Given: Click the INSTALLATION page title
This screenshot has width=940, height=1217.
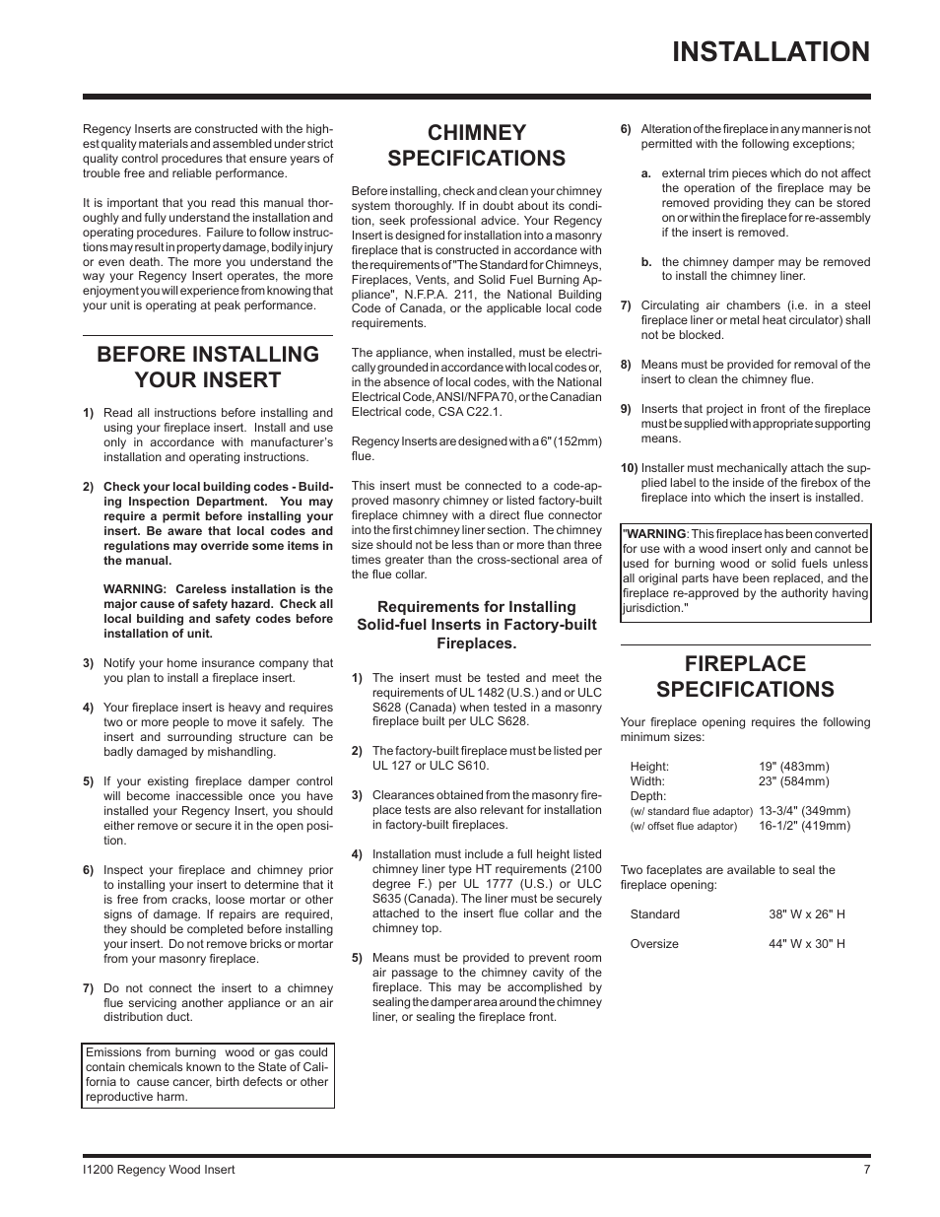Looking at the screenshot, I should point(772,52).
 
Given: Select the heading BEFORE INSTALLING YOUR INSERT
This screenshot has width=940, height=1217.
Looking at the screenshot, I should point(207,367).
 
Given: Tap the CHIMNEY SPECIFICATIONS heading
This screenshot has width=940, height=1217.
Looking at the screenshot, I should point(476,145).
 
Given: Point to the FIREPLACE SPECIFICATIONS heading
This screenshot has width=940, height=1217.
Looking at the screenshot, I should point(744,676).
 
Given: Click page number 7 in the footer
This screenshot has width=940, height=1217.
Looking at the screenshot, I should point(866,1170).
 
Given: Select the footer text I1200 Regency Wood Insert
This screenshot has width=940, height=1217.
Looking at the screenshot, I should point(159,1170).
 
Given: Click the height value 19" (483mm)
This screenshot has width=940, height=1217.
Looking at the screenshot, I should point(793,767).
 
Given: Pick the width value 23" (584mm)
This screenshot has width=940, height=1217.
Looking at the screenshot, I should point(793,781).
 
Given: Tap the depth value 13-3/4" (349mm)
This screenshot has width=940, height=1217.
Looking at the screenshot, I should point(804,811).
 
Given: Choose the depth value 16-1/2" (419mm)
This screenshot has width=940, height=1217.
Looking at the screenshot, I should point(804,826).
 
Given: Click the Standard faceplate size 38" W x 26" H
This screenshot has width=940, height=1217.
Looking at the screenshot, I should point(806,914).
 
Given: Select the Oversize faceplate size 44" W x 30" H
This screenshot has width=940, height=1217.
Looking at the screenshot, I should point(806,944).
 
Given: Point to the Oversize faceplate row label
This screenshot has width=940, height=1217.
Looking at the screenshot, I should point(654,944).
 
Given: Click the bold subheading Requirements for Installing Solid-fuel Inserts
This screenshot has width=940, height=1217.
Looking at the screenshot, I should point(476,625).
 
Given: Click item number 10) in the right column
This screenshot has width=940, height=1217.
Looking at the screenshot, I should point(629,468).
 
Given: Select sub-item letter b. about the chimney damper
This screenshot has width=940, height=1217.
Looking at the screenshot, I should point(646,262).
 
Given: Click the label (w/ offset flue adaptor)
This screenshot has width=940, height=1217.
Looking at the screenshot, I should point(683,827).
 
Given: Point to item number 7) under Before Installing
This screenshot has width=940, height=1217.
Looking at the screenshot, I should point(88,988).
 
